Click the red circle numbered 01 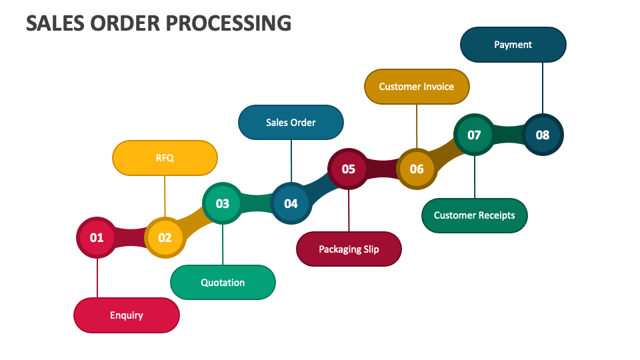coord(97,237)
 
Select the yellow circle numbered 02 coord(165,237)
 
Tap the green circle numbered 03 coord(223,203)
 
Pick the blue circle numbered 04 coord(291,203)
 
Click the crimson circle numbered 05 coord(349,169)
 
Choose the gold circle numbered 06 coord(417,169)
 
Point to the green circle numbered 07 coord(474,135)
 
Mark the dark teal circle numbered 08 coord(543,135)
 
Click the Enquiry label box coord(127,315)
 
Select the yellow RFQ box coord(165,158)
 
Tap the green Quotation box coord(223,283)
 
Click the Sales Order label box coord(291,123)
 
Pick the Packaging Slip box coord(349,249)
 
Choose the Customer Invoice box coord(417,87)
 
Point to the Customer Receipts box coord(474,215)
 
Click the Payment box coord(513,45)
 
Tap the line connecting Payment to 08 coord(543,88)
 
